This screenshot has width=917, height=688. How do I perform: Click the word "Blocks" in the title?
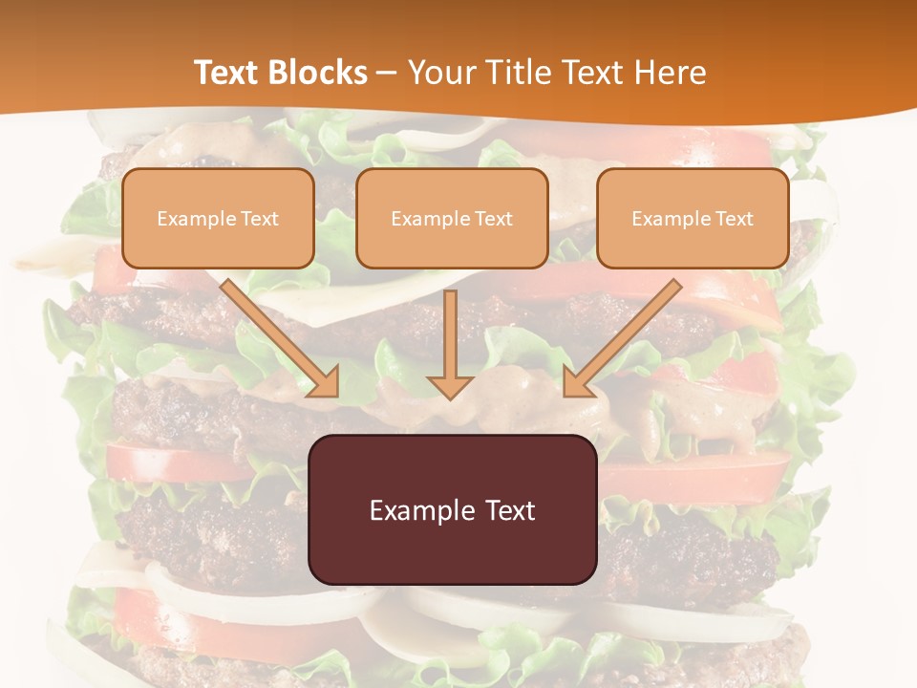tap(318, 73)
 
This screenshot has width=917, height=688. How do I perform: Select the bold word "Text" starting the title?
tap(229, 73)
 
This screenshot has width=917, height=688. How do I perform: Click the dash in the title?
tap(387, 74)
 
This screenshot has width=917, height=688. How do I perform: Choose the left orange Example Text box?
tap(218, 218)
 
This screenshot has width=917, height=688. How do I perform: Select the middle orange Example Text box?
tap(452, 218)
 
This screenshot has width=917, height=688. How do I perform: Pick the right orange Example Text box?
tap(693, 218)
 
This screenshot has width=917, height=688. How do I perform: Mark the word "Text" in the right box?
tap(735, 219)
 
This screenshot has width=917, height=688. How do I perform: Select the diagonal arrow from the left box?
tap(277, 334)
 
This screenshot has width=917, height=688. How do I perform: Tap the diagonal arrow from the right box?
tap(626, 334)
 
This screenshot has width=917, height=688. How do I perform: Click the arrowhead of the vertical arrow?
tap(450, 386)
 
